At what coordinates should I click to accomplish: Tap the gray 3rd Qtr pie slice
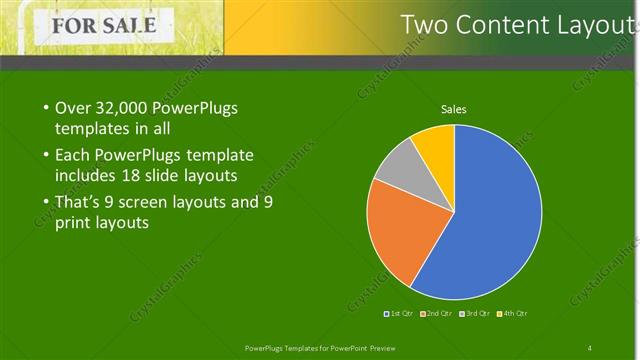tap(396, 165)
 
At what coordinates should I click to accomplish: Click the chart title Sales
tap(455, 109)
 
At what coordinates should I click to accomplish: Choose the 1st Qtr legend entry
tap(401, 314)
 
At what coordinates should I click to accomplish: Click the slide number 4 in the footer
tap(590, 348)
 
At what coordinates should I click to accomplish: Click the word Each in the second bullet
tap(73, 156)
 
